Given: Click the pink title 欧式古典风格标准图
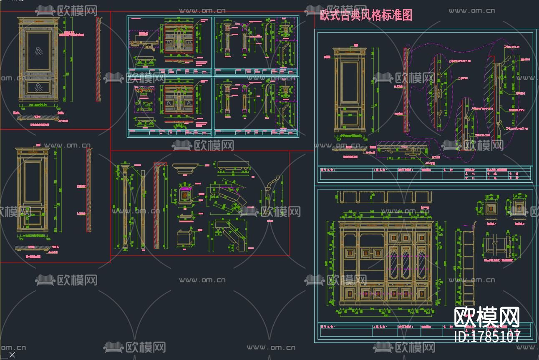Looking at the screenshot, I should (366, 15).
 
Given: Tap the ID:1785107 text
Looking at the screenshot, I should (487, 337).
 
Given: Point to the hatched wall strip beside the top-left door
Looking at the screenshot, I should (98, 59).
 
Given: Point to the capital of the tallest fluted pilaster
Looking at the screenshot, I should (124, 170).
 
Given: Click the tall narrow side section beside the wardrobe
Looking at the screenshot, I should (468, 267).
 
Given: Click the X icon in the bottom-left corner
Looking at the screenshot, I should (12, 355).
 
